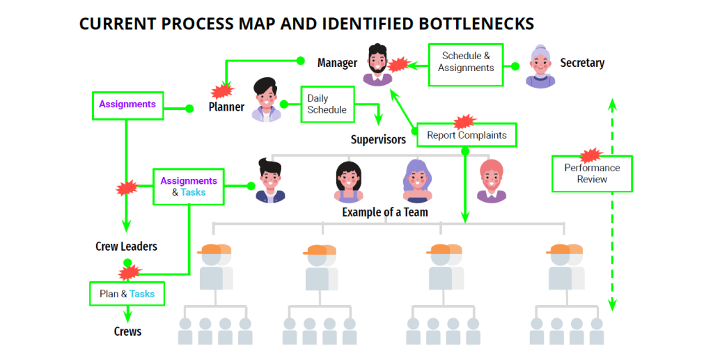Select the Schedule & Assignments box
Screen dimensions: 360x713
click(466, 62)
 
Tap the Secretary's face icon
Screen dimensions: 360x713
click(540, 65)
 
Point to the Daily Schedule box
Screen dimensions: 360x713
click(327, 104)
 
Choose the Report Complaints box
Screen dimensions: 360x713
click(467, 135)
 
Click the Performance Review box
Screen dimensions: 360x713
click(592, 173)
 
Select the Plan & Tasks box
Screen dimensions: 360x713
click(127, 294)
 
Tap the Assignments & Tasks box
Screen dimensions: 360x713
click(189, 187)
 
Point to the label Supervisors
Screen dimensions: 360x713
click(378, 140)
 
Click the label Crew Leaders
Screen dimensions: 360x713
click(126, 246)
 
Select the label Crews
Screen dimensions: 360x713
click(127, 331)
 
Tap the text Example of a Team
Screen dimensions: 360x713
click(384, 212)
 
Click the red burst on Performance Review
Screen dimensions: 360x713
click(590, 155)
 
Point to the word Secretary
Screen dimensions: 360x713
click(582, 63)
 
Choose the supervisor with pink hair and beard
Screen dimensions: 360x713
click(492, 180)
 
